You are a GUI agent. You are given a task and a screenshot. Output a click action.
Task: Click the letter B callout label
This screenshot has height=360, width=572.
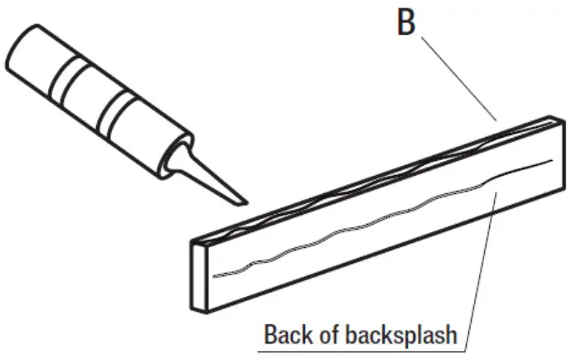(x=405, y=22)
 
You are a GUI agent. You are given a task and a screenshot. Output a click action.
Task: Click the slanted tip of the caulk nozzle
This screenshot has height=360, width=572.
(x=240, y=198)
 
